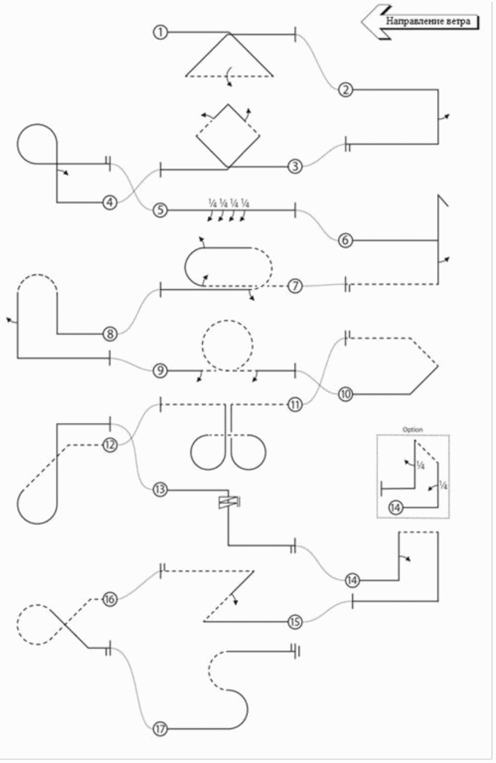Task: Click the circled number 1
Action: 160,32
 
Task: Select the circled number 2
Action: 346,90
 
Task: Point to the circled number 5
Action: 160,210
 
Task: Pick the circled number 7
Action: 295,286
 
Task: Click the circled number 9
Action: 160,370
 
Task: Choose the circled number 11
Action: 295,405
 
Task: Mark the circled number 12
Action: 109,444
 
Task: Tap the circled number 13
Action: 160,490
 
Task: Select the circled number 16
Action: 109,599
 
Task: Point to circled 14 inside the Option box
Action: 397,508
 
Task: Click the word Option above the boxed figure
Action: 413,429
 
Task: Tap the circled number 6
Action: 346,240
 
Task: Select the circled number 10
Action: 346,393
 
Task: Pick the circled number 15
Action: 295,622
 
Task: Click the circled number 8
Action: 109,333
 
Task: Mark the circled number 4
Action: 109,202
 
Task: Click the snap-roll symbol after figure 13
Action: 228,503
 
